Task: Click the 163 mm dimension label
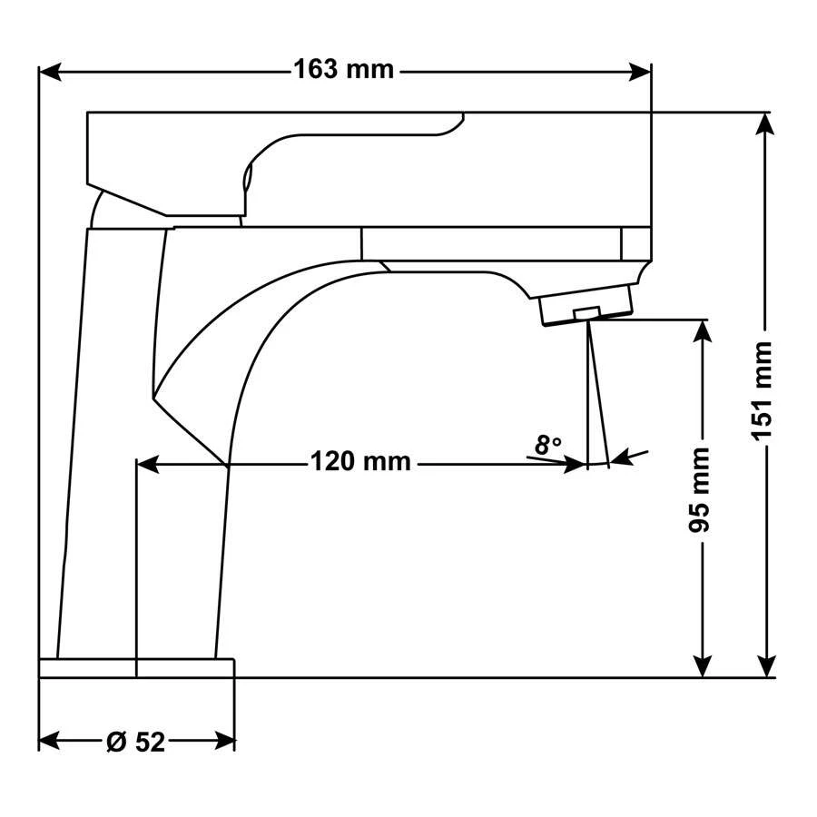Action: tap(344, 70)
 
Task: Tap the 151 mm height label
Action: tap(762, 391)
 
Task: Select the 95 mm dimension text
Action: tap(699, 489)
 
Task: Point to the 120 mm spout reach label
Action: tap(361, 462)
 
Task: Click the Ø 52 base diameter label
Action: tap(136, 742)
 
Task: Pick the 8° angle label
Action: tap(548, 446)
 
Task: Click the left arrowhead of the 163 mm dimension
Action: tap(51, 72)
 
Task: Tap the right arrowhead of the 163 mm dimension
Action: tap(639, 72)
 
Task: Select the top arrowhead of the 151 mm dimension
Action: tap(764, 124)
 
